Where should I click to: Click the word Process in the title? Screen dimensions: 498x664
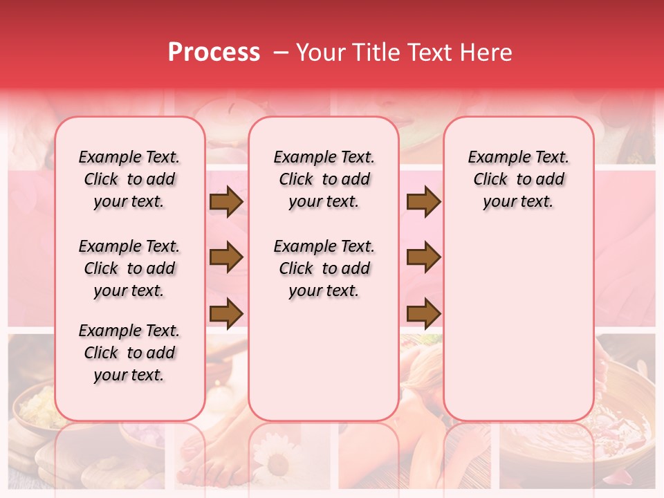(214, 53)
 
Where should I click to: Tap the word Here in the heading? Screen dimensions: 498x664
(486, 53)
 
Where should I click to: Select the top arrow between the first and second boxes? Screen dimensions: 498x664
(226, 202)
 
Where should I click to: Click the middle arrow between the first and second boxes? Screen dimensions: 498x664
(226, 258)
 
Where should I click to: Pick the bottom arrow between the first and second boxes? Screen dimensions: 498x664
(226, 312)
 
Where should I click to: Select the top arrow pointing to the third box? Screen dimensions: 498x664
(423, 202)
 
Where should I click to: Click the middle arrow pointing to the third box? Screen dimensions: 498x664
(423, 258)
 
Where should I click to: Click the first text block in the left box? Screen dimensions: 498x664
(129, 179)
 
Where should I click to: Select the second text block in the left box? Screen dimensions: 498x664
(129, 268)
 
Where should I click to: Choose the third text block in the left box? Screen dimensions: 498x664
(129, 353)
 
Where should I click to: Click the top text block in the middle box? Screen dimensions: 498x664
(324, 179)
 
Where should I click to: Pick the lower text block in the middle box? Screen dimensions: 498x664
(324, 268)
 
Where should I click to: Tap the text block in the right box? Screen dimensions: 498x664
(518, 179)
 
